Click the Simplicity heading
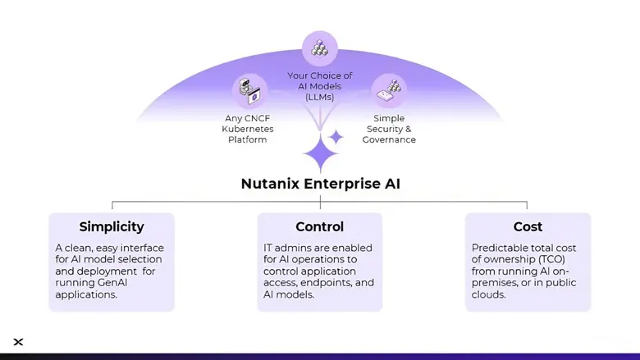tap(112, 226)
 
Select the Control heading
tap(319, 226)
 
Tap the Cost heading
tap(528, 226)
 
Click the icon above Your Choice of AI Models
tap(319, 48)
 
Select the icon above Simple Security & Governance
tap(388, 89)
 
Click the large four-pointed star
tap(318, 153)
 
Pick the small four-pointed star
tap(336, 136)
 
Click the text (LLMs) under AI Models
tap(319, 98)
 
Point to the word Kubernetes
tap(248, 129)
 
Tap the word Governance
tap(389, 139)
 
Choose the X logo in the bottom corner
tap(19, 342)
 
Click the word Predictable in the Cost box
tap(502, 248)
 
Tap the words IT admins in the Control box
tap(285, 248)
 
